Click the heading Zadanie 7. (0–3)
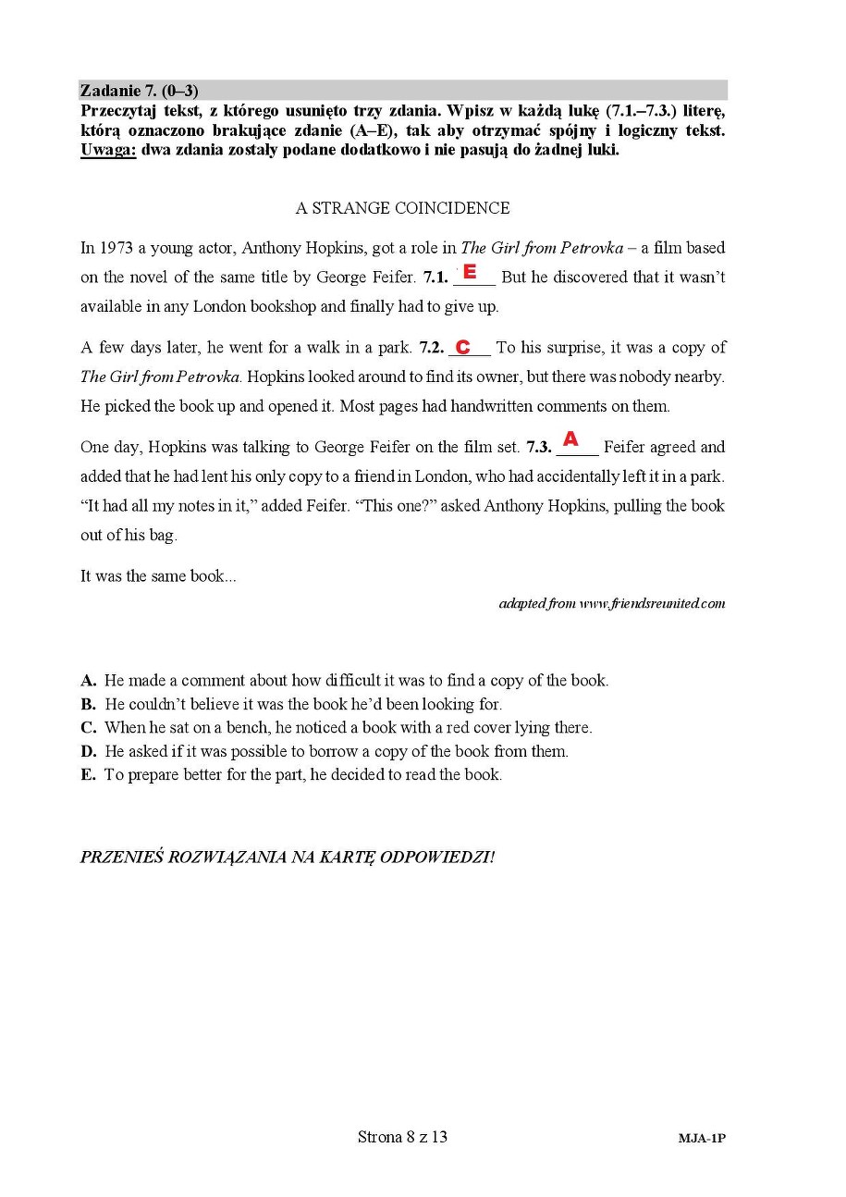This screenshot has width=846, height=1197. tap(139, 91)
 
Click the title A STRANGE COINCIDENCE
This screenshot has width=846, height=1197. tap(402, 208)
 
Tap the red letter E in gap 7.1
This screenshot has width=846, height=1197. tap(470, 272)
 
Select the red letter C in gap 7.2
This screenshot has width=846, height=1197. tap(463, 347)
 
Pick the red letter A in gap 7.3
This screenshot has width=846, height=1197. tap(570, 438)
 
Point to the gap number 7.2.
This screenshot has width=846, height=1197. tap(431, 348)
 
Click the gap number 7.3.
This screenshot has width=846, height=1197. tap(539, 448)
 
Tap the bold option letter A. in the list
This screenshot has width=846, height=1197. tap(89, 681)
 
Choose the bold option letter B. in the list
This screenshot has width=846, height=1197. tap(89, 704)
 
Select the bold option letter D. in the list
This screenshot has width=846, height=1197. tap(89, 751)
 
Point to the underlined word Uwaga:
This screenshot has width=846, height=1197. tap(107, 151)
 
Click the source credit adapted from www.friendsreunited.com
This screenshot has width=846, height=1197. tap(611, 604)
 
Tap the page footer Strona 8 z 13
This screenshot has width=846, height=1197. tap(402, 1137)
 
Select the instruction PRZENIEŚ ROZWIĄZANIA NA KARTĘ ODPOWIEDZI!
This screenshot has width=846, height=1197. tap(287, 857)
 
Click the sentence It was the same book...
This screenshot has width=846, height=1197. tap(157, 576)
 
